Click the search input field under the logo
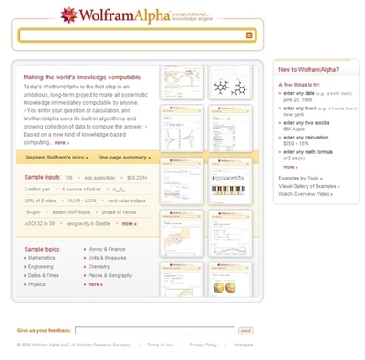point(132,36)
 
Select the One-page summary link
point(123,158)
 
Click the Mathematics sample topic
point(42,258)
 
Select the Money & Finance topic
point(108,248)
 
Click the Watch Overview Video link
point(305,194)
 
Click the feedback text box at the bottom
point(154,330)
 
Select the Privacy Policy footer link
point(203,345)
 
